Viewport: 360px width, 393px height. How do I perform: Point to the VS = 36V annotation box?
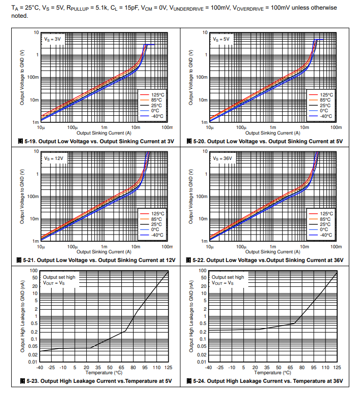(222, 158)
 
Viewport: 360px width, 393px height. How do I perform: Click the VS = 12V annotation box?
(54, 158)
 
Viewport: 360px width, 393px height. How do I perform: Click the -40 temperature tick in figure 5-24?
(209, 367)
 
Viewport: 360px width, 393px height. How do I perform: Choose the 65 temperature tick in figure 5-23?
(121, 367)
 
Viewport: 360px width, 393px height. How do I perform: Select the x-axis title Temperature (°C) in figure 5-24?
(273, 372)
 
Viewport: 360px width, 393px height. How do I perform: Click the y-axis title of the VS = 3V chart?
(22, 77)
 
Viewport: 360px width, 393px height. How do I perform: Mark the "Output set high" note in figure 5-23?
(59, 277)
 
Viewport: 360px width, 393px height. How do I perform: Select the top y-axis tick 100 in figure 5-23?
(34, 271)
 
